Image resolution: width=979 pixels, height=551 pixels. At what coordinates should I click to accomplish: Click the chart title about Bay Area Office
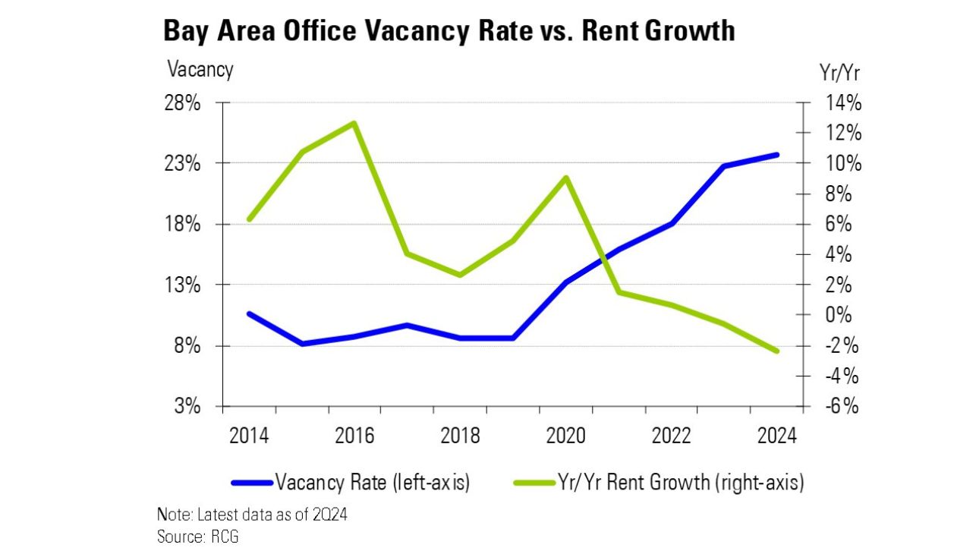[x=449, y=31]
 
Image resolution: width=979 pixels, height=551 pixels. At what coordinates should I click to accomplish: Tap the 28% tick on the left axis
[x=184, y=103]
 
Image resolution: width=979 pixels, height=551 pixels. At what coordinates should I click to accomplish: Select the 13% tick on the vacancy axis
[x=184, y=285]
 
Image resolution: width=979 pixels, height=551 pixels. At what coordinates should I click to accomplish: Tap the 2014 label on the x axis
[x=248, y=436]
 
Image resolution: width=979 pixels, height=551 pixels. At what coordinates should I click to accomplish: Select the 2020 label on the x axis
[x=565, y=436]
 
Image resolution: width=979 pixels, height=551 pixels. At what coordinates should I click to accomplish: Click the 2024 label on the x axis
[x=776, y=436]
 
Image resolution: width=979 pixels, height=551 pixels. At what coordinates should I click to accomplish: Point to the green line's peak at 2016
[x=354, y=123]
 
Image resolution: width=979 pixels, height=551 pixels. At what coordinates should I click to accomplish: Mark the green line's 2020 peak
[x=565, y=178]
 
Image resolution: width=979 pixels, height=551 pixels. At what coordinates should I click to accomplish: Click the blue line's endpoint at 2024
[x=776, y=155]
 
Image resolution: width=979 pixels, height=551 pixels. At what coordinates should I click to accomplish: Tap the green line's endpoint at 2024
[x=776, y=351]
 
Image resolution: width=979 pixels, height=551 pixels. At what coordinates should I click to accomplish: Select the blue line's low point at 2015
[x=304, y=344]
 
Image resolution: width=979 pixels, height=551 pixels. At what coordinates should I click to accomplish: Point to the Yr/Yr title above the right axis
[x=840, y=72]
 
